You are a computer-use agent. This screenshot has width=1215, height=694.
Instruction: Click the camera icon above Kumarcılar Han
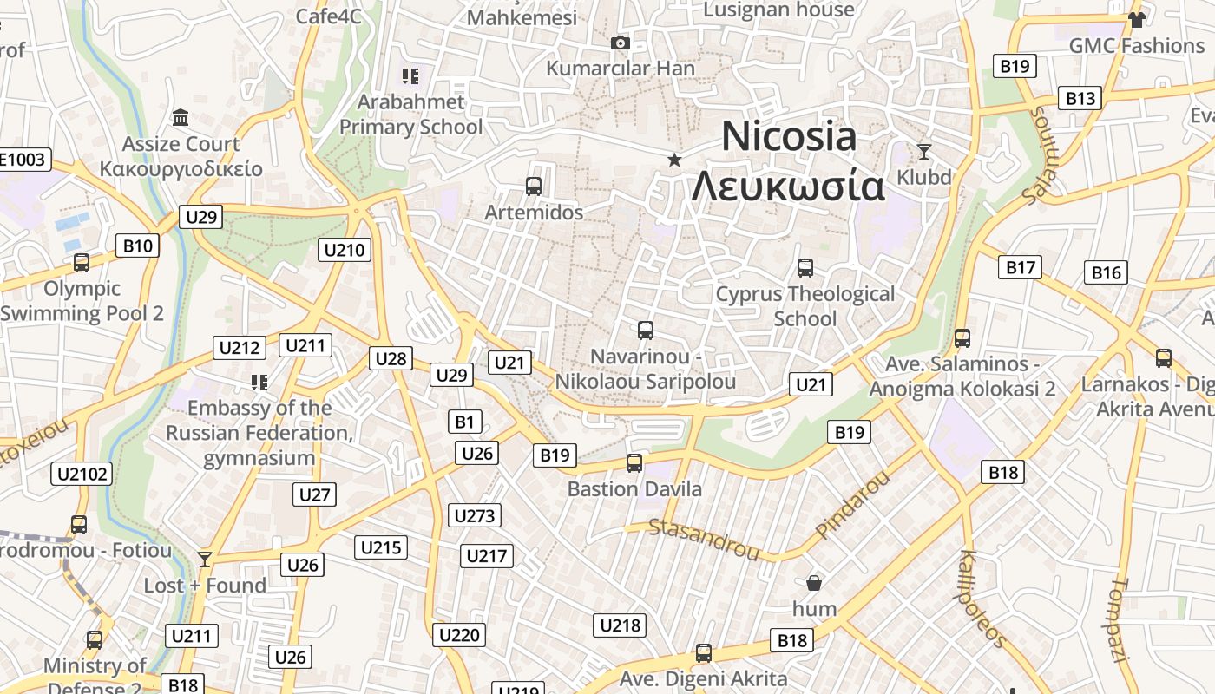click(620, 43)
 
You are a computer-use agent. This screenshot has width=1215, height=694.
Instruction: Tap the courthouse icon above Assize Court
click(181, 117)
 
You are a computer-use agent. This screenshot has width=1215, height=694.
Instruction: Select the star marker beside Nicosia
click(673, 160)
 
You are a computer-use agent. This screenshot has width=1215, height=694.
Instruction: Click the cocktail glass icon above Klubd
click(923, 152)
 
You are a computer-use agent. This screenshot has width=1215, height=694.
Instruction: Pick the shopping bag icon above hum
click(814, 582)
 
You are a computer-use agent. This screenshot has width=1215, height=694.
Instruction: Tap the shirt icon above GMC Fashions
click(1136, 19)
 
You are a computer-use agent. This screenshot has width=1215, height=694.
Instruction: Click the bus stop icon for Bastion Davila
click(634, 463)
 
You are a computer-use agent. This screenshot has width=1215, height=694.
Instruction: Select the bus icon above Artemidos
click(534, 186)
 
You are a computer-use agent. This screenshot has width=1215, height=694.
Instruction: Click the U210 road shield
click(345, 251)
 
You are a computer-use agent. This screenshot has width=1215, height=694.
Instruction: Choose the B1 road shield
click(465, 422)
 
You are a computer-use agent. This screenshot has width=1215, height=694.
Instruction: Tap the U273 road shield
click(475, 516)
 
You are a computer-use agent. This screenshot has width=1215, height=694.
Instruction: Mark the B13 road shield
click(1080, 98)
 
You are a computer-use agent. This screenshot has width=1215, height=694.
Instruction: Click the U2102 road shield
click(82, 474)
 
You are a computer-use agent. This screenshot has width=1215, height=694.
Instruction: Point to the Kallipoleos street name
click(982, 598)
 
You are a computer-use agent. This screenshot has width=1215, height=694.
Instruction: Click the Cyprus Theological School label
click(805, 306)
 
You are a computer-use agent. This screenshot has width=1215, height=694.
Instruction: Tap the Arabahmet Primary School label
click(410, 115)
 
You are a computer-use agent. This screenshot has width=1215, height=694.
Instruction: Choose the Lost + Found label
click(205, 586)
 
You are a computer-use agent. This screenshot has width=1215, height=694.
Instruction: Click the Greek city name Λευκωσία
click(788, 187)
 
